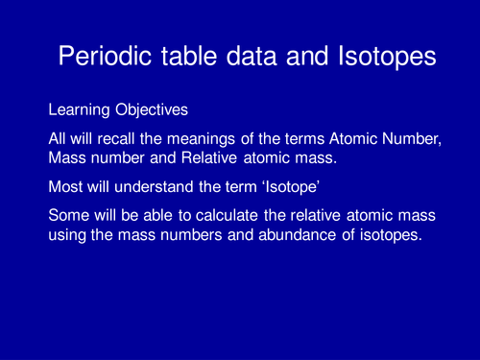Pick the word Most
click(x=64, y=191)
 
